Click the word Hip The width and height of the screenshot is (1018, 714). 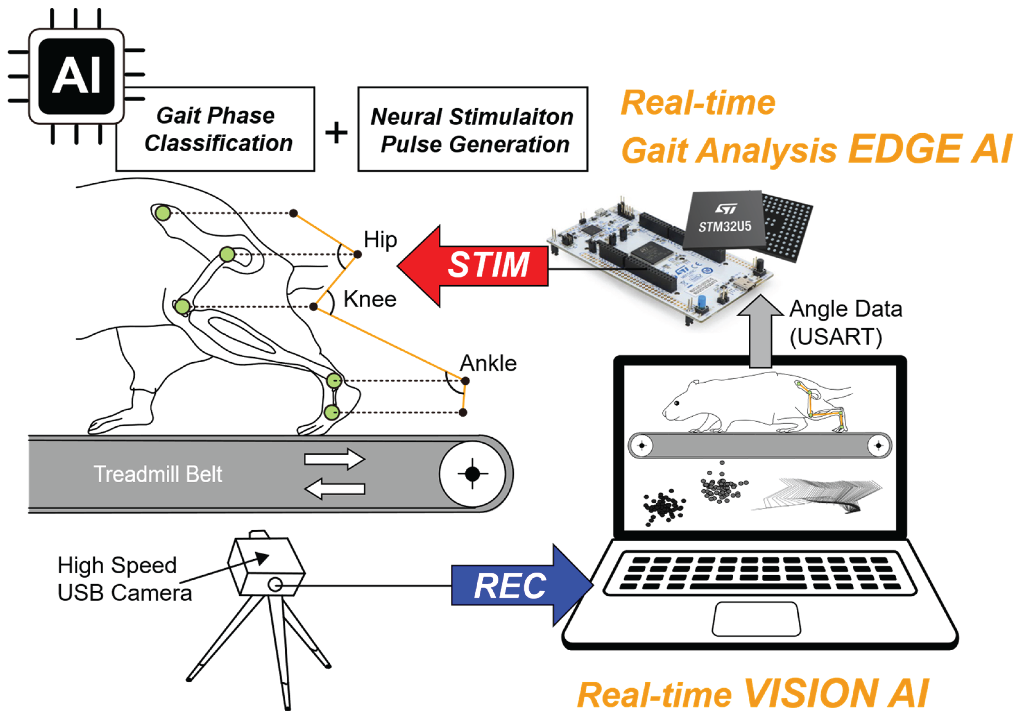click(x=380, y=240)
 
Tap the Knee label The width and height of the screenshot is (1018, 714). click(x=370, y=299)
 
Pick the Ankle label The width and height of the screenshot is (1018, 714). click(x=488, y=363)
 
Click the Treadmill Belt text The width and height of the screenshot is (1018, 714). click(x=158, y=474)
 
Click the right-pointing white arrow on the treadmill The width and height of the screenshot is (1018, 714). click(x=334, y=459)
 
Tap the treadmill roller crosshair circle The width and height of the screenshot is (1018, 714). click(x=472, y=473)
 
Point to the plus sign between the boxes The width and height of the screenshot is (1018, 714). click(x=336, y=132)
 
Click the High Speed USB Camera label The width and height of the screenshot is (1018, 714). click(x=124, y=579)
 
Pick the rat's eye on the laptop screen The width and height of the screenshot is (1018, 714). click(x=677, y=403)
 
